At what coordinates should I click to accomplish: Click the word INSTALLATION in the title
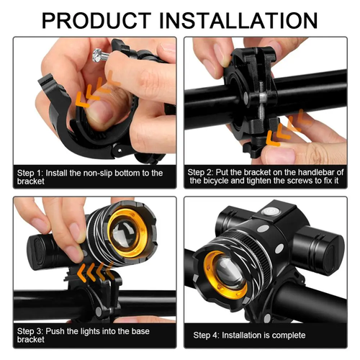(240, 19)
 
